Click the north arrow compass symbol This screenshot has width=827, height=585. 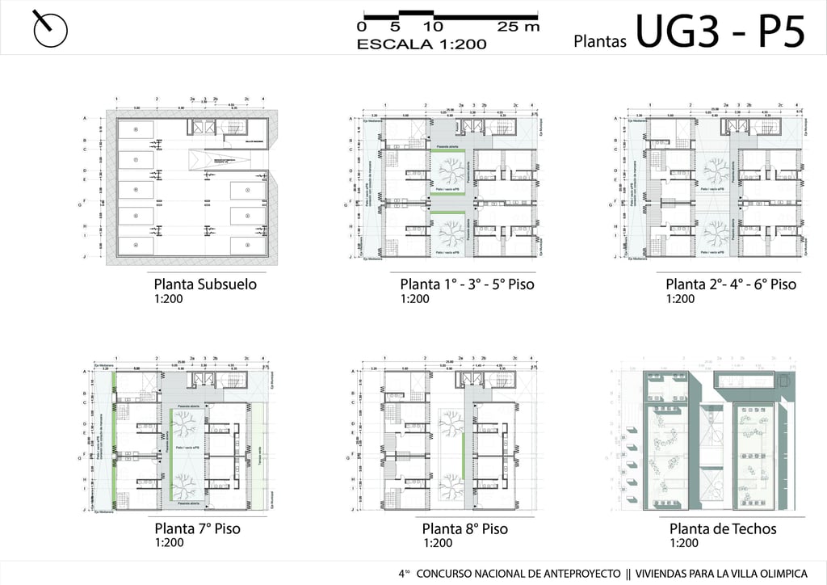[50, 29]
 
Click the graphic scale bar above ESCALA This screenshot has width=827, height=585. [450, 15]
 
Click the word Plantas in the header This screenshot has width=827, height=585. [600, 41]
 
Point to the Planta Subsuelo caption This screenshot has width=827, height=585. [205, 284]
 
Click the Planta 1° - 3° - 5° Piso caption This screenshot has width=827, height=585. [467, 284]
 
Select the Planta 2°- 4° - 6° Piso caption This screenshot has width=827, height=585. [730, 284]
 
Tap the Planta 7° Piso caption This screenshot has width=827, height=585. [197, 529]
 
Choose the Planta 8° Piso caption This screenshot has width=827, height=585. [464, 529]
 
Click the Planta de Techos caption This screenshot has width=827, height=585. [723, 529]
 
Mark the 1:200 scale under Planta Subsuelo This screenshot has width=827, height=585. [169, 299]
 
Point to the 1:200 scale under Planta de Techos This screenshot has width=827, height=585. [684, 544]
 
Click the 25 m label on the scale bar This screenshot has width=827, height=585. [518, 27]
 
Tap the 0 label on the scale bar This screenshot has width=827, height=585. [361, 27]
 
